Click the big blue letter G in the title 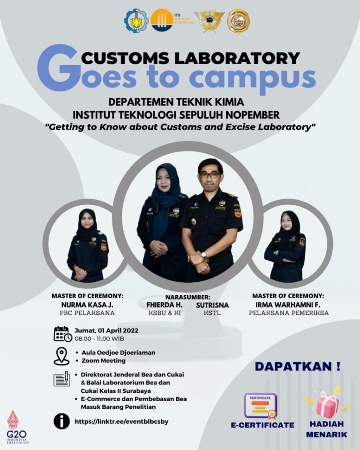tap(57, 68)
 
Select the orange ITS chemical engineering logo tap(162, 20)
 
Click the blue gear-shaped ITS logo tap(136, 21)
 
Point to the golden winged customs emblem tap(210, 21)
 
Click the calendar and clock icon tap(62, 334)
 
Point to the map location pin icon tap(61, 356)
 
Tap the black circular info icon tap(61, 421)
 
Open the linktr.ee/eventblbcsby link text tap(121, 421)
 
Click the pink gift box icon tap(328, 404)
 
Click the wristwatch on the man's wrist tap(204, 255)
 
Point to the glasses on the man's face tap(210, 174)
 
